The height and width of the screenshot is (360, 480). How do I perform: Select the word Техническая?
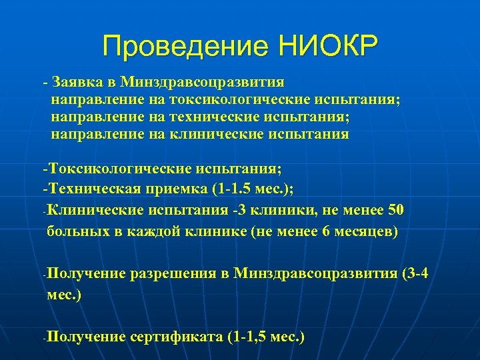[x=94, y=187]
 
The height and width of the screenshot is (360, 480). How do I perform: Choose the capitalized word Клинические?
[x=94, y=210]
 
